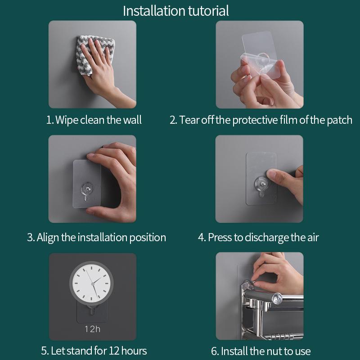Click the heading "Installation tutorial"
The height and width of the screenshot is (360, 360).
[x=176, y=11]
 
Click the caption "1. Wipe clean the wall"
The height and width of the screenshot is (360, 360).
[x=94, y=120]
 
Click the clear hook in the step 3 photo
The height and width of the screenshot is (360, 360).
[x=86, y=190]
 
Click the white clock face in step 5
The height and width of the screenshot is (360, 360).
[x=91, y=283]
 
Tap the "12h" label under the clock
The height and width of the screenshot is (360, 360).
[x=93, y=329]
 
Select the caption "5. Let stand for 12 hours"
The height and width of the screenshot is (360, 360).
[x=94, y=351]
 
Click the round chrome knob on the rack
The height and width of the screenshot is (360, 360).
[x=277, y=299]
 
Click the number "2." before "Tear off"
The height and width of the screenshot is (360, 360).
[x=173, y=120]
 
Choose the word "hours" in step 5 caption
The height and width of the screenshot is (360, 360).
[x=134, y=351]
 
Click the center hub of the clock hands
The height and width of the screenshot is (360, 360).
[x=93, y=284]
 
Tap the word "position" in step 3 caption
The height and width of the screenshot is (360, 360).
[x=148, y=238]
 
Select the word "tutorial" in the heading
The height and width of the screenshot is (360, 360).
[x=208, y=11]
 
